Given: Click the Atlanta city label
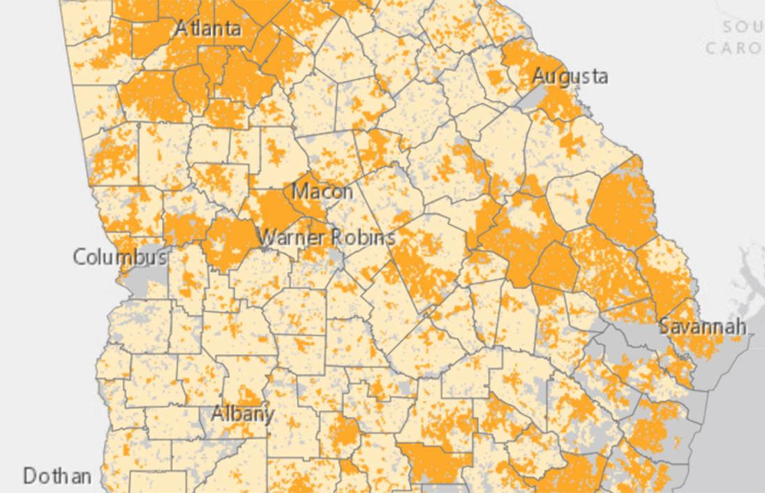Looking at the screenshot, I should (x=208, y=29).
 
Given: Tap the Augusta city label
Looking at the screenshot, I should (x=570, y=76).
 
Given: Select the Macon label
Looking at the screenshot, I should (x=322, y=191).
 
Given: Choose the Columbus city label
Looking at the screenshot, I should (x=119, y=257).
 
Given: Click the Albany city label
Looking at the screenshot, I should (x=242, y=413).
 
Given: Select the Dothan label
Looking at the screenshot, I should (x=57, y=476).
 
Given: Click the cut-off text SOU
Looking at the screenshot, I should (x=743, y=27).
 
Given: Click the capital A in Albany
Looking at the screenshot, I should (x=218, y=413).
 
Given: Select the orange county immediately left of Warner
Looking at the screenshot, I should (x=230, y=241).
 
